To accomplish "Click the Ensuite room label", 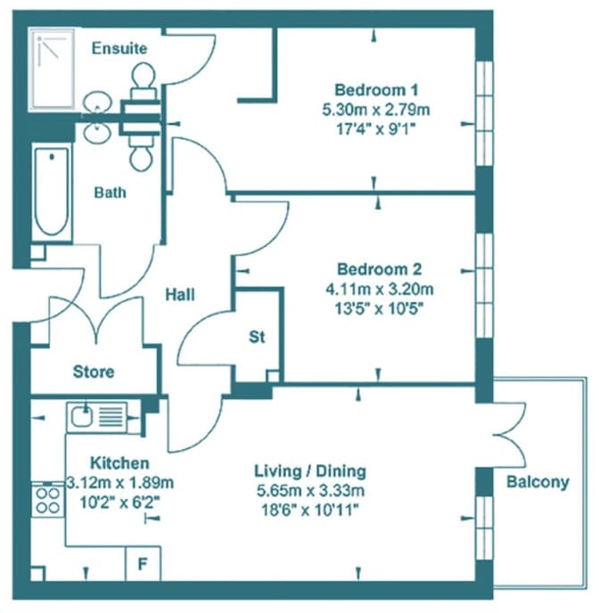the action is pyautogui.click(x=119, y=48).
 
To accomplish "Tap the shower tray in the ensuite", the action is pyautogui.click(x=51, y=69).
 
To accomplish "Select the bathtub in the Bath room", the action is pyautogui.click(x=52, y=192).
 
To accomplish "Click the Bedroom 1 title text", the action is pyautogui.click(x=376, y=90).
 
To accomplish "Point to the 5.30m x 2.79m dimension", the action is pyautogui.click(x=376, y=110).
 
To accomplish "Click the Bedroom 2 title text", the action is pyautogui.click(x=379, y=269).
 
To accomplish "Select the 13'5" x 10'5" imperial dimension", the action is pyautogui.click(x=379, y=309).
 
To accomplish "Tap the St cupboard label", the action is pyautogui.click(x=257, y=337).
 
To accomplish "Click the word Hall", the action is pyautogui.click(x=180, y=294).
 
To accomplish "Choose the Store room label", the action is pyautogui.click(x=94, y=372).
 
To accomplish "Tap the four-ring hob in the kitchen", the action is pyautogui.click(x=48, y=501).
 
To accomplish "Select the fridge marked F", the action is pyautogui.click(x=143, y=564).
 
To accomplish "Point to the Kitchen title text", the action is pyautogui.click(x=119, y=463).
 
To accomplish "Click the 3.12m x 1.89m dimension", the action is pyautogui.click(x=119, y=483).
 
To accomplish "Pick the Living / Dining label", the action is pyautogui.click(x=310, y=470).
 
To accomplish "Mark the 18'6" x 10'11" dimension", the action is pyautogui.click(x=310, y=510).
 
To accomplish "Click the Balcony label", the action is pyautogui.click(x=537, y=482).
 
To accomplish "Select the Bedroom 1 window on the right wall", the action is pyautogui.click(x=484, y=113).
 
